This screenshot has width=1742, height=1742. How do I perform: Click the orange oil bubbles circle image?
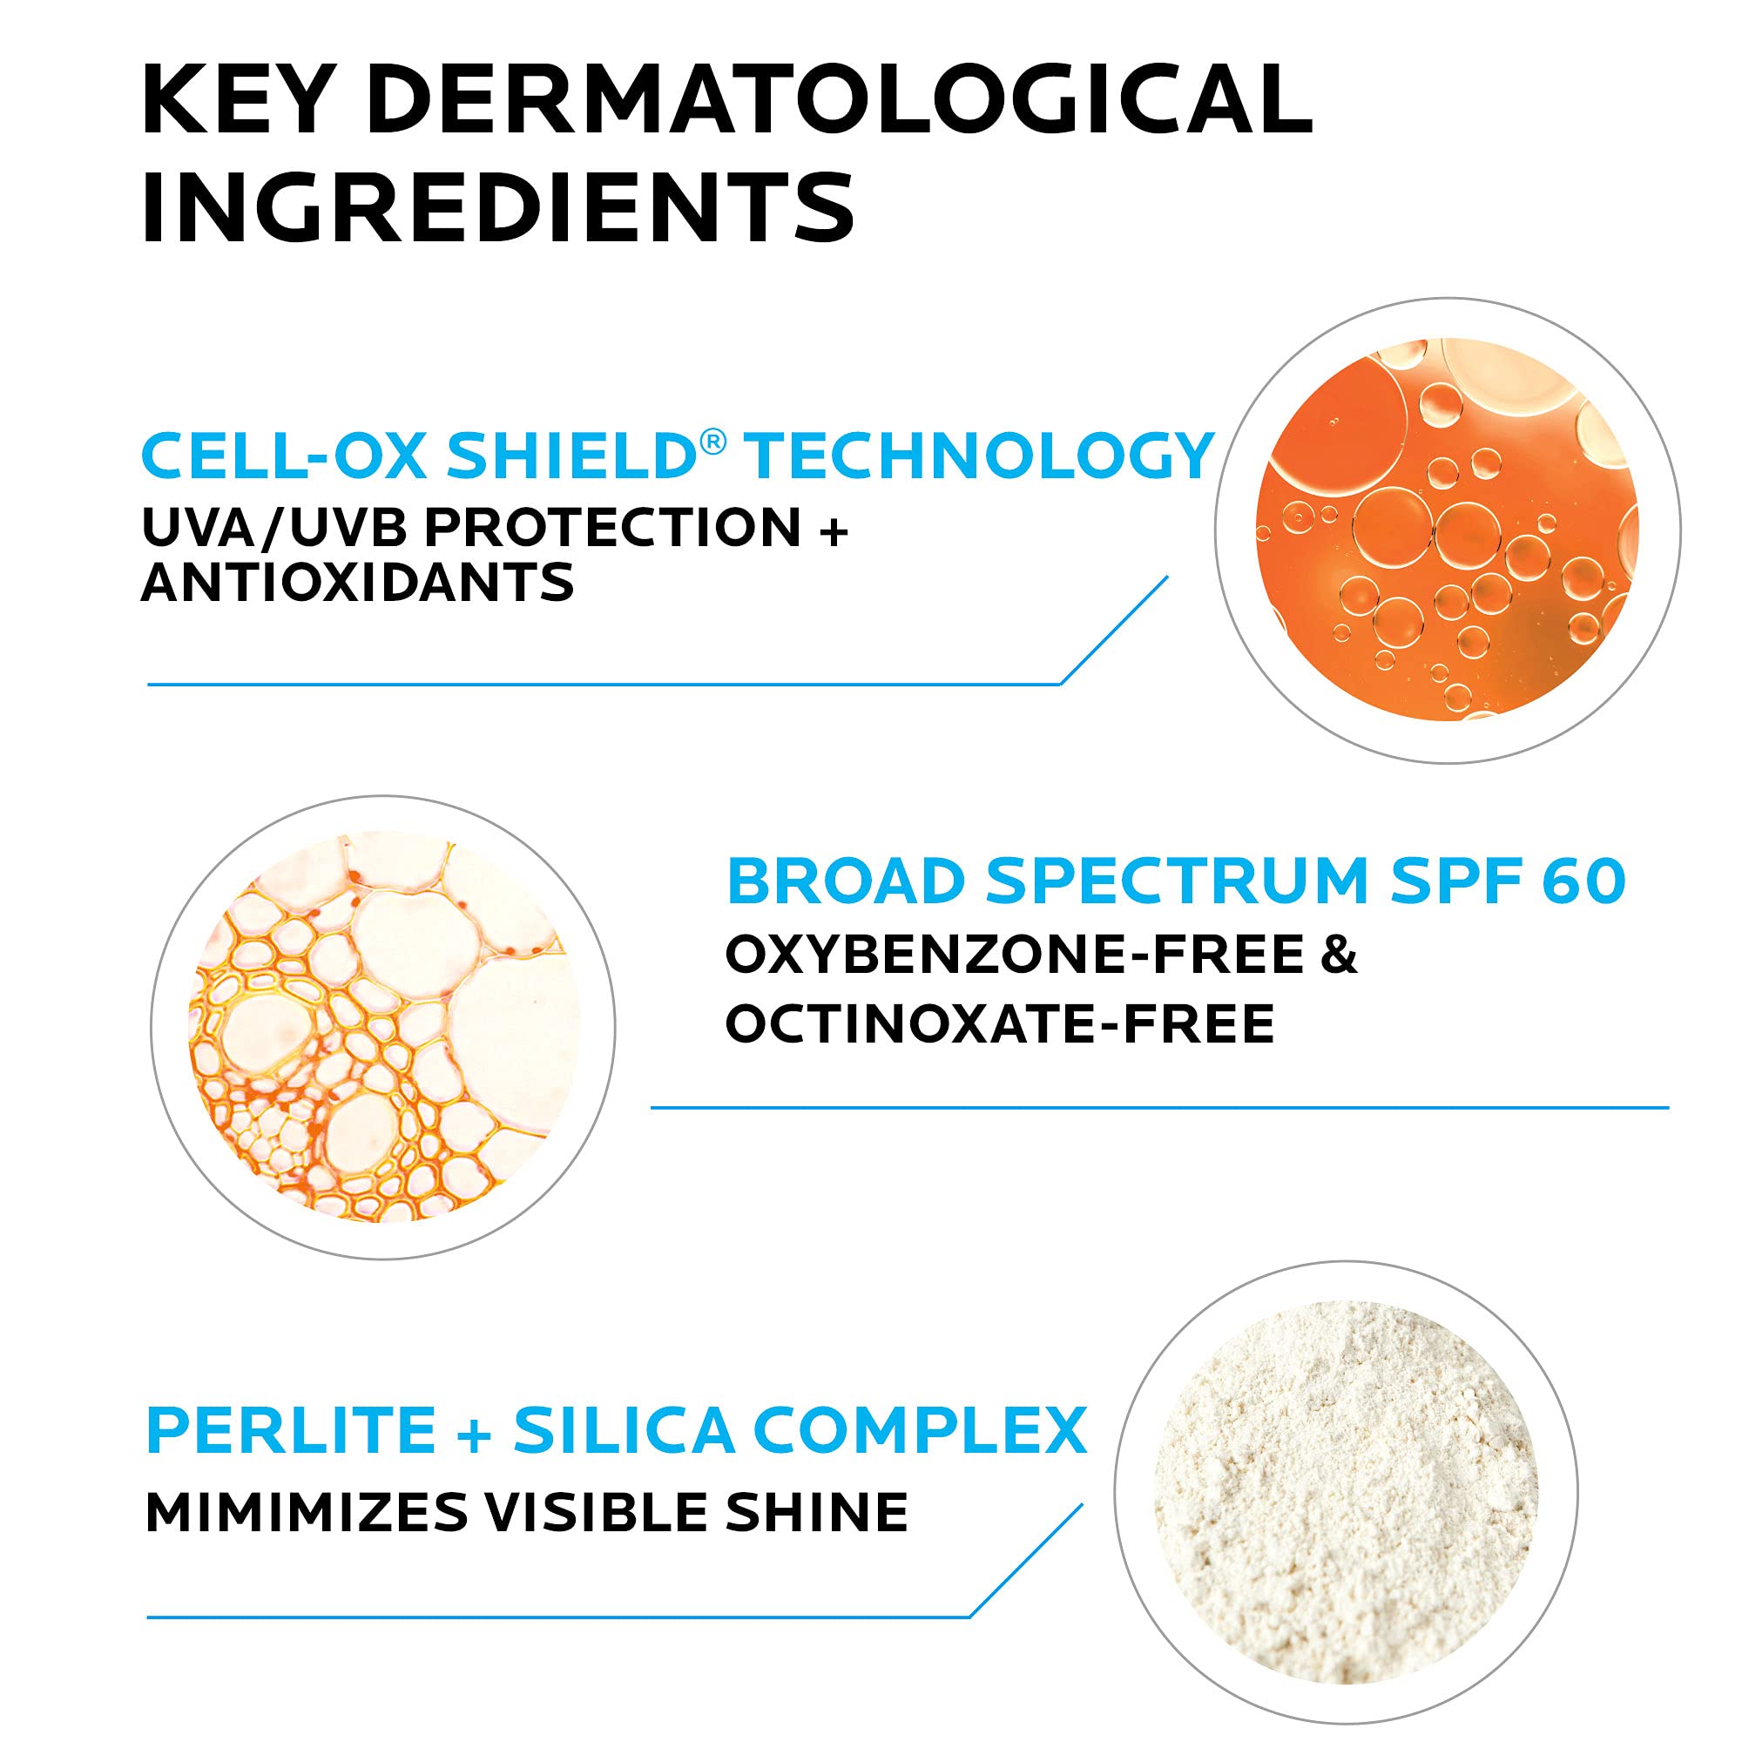(x=1446, y=530)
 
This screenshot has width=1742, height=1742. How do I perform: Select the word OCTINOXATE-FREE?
(x=1000, y=1023)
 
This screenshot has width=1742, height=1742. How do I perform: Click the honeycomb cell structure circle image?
(x=383, y=1027)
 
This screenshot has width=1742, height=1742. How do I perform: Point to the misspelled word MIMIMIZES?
(x=306, y=1512)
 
